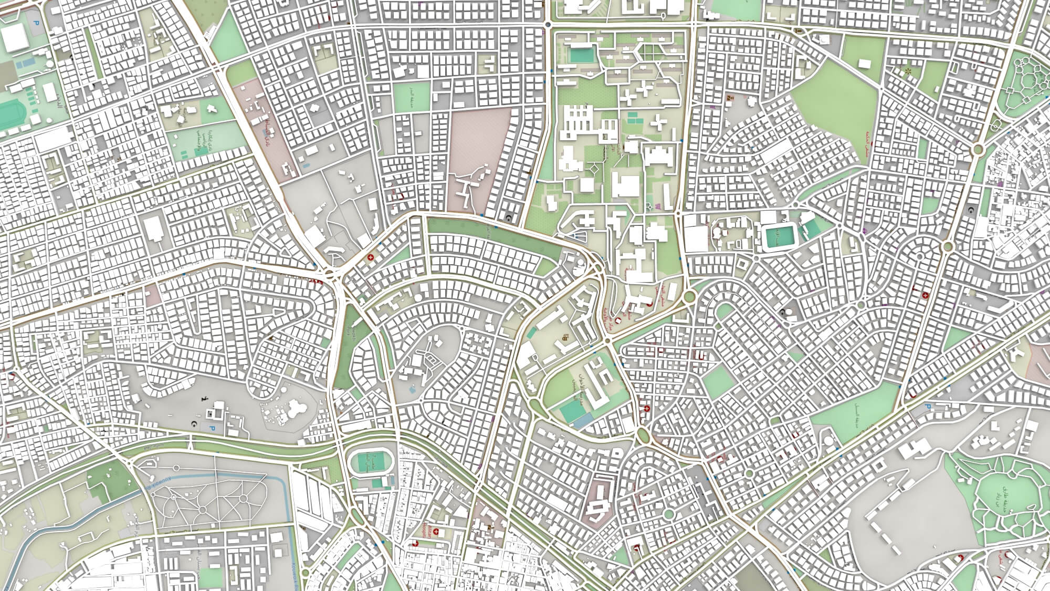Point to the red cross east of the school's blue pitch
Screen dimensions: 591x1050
coord(647,409)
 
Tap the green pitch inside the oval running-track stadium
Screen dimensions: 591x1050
coord(371,462)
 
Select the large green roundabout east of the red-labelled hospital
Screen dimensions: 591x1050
coord(689,296)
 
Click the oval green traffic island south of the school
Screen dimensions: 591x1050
coord(643,435)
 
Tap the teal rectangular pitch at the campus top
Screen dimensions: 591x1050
coord(583,54)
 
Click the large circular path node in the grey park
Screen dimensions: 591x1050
coord(202,510)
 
